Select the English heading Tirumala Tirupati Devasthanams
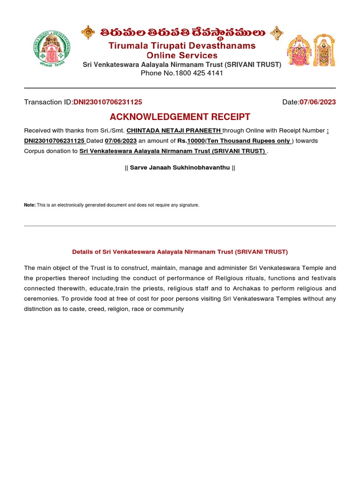(182, 45)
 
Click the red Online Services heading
(182, 55)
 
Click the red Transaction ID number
(108, 102)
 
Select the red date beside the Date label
(317, 102)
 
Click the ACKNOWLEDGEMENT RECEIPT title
(180, 117)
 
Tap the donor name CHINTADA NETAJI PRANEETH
(173, 131)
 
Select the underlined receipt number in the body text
(54, 141)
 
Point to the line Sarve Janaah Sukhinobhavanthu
(180, 167)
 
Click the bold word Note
(29, 205)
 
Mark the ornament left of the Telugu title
(88, 32)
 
